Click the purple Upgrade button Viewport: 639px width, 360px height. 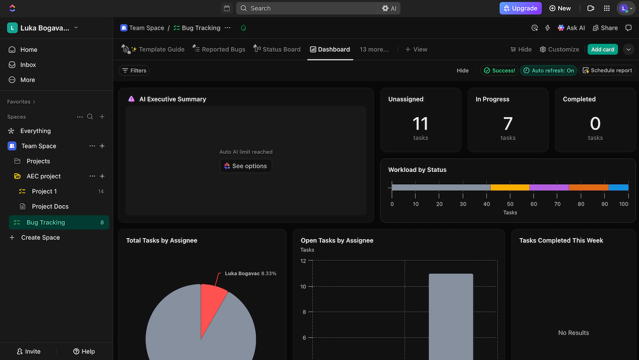click(520, 9)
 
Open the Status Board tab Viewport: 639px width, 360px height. click(277, 50)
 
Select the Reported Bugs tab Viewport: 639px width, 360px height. click(219, 50)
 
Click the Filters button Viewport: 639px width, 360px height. click(134, 70)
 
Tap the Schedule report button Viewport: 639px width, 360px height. click(607, 70)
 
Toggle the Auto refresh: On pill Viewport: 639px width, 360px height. click(548, 70)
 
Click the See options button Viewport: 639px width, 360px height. click(245, 166)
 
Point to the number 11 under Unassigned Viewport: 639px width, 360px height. click(420, 124)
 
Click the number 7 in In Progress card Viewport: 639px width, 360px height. click(507, 124)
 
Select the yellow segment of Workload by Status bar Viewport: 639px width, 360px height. click(510, 187)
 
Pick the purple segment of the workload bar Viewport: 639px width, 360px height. click(549, 187)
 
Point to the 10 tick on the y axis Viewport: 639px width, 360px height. click(302, 287)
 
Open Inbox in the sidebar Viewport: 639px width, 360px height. click(28, 64)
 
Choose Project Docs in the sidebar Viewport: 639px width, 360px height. click(50, 207)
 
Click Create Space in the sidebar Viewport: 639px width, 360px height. click(40, 238)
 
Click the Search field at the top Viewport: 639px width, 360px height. click(309, 9)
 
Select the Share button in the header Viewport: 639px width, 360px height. click(605, 28)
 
